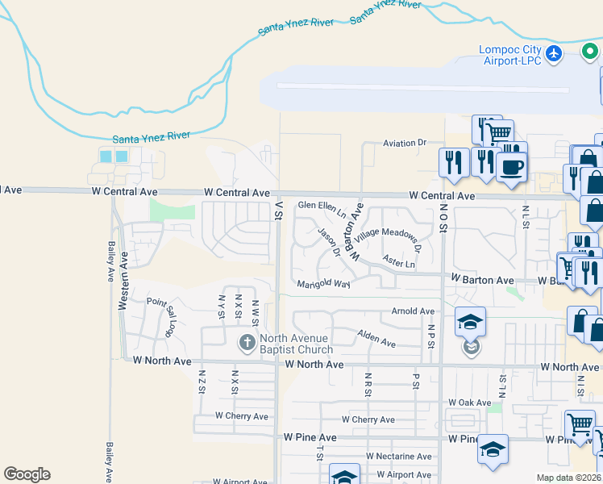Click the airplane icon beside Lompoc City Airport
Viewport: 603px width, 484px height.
tap(553, 53)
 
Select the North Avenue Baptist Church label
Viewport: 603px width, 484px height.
tap(297, 344)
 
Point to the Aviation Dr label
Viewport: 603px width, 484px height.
tap(404, 143)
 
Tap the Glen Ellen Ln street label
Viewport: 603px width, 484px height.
tap(322, 210)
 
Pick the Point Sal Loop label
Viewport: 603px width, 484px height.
tap(160, 315)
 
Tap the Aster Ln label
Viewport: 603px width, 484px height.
tap(399, 263)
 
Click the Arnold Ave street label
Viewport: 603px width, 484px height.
tap(413, 311)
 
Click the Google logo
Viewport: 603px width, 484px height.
tap(27, 474)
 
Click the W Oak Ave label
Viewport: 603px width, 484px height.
tap(471, 403)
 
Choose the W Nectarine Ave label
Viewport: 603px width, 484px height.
tap(398, 456)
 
